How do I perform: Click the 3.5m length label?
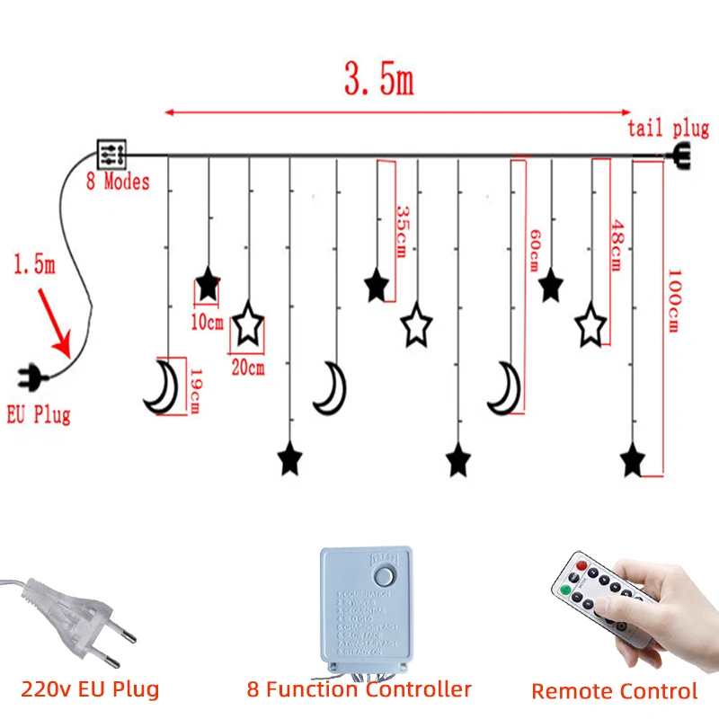(378, 81)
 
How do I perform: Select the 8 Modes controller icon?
(112, 154)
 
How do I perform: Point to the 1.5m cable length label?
(33, 266)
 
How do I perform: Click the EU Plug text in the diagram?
(38, 414)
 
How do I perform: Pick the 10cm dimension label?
(208, 321)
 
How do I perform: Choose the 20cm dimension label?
(247, 367)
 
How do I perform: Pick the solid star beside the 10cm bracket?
(208, 285)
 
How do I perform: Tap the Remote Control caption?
(614, 691)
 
